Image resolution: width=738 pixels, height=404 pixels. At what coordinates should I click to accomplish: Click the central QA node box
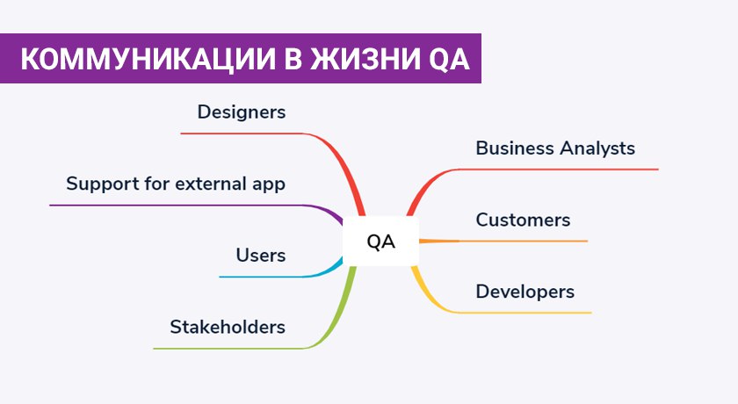(x=380, y=242)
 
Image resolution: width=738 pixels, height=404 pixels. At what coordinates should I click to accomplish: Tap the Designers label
(x=242, y=112)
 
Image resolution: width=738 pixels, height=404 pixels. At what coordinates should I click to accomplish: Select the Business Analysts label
(x=555, y=148)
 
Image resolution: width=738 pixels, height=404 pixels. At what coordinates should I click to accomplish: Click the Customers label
(x=523, y=220)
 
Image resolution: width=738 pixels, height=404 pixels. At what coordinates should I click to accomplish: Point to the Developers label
(x=525, y=292)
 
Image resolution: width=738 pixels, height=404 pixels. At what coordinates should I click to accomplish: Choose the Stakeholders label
(x=228, y=327)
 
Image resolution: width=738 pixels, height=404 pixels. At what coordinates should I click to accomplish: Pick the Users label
(x=261, y=256)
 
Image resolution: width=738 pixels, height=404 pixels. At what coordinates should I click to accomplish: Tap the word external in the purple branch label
(x=212, y=184)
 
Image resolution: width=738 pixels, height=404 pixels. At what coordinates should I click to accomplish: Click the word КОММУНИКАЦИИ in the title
(x=148, y=59)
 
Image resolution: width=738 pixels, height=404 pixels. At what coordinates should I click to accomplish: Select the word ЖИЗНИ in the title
(x=365, y=59)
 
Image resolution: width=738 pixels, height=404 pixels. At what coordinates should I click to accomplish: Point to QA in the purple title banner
(x=449, y=59)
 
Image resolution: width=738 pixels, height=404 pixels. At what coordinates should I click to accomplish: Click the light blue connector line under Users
(x=282, y=277)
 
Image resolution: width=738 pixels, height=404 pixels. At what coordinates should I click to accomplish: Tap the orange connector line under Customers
(x=503, y=242)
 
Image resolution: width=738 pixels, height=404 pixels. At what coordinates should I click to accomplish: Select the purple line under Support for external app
(x=198, y=206)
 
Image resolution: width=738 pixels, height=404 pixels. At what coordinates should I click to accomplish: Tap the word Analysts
(x=597, y=148)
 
